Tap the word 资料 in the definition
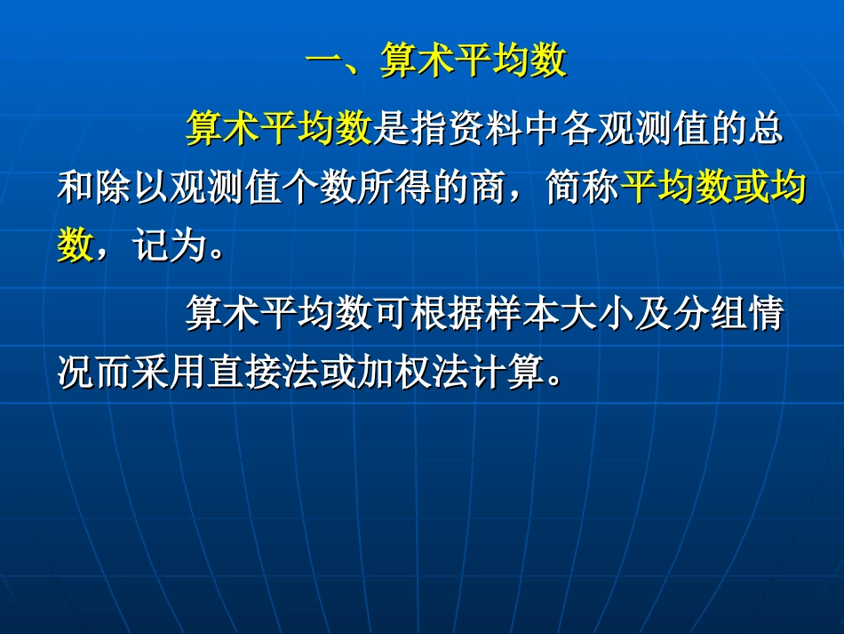(483, 130)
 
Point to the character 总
(764, 130)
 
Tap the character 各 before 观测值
(577, 130)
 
